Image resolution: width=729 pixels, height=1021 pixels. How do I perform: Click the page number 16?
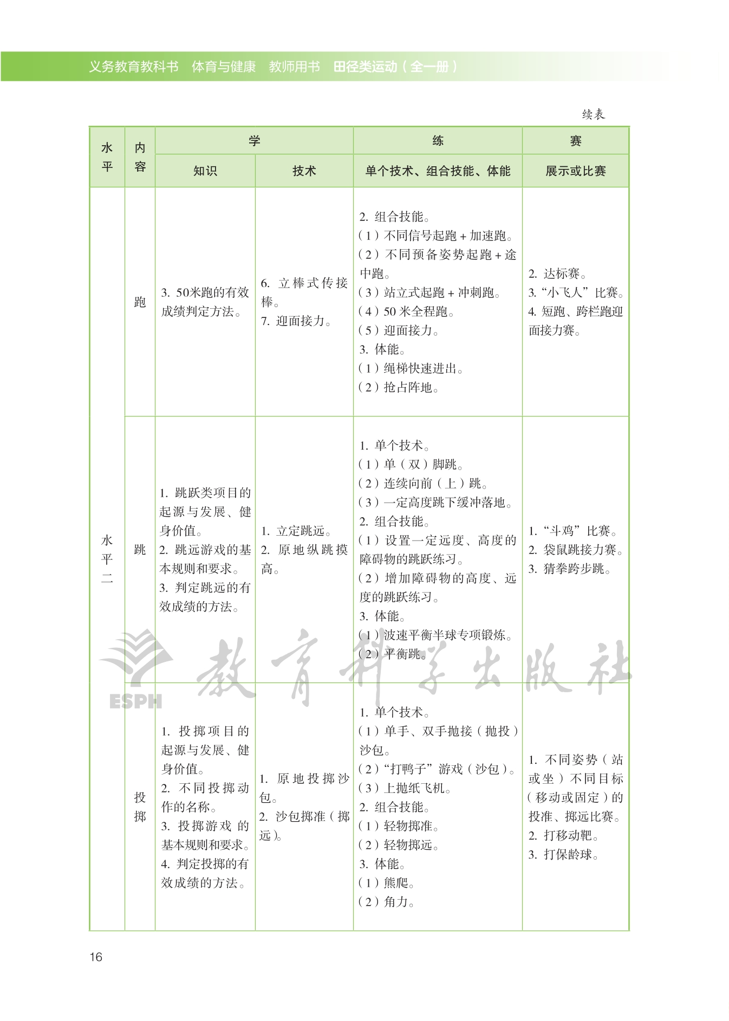point(96,957)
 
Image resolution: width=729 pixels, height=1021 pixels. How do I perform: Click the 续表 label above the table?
point(593,114)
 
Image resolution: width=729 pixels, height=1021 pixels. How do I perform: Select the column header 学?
point(254,141)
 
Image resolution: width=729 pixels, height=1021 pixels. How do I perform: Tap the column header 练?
point(438,141)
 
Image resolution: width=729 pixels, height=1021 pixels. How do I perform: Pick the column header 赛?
point(575,141)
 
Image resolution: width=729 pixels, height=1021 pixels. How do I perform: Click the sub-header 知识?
point(205,171)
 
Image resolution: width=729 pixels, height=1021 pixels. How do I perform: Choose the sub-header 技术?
point(304,171)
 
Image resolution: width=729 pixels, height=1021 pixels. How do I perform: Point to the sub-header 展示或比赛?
point(575,171)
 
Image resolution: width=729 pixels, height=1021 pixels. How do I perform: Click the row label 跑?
point(140,302)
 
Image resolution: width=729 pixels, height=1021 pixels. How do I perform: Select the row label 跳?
point(140,550)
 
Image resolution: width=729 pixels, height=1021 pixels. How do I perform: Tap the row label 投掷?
point(140,807)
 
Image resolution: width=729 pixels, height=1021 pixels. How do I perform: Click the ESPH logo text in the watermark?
point(135,701)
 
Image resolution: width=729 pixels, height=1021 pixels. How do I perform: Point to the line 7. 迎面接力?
point(296,321)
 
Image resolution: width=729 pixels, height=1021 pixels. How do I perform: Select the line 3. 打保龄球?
point(563,854)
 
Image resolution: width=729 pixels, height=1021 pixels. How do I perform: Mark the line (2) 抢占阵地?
point(399,387)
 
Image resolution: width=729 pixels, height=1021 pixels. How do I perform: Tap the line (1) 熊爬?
point(386,883)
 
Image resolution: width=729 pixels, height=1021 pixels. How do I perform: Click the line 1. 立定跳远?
point(296,531)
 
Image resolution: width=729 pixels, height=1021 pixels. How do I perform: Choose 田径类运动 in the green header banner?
point(365,67)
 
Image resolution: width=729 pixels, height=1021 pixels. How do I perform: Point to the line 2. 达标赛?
point(558,274)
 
